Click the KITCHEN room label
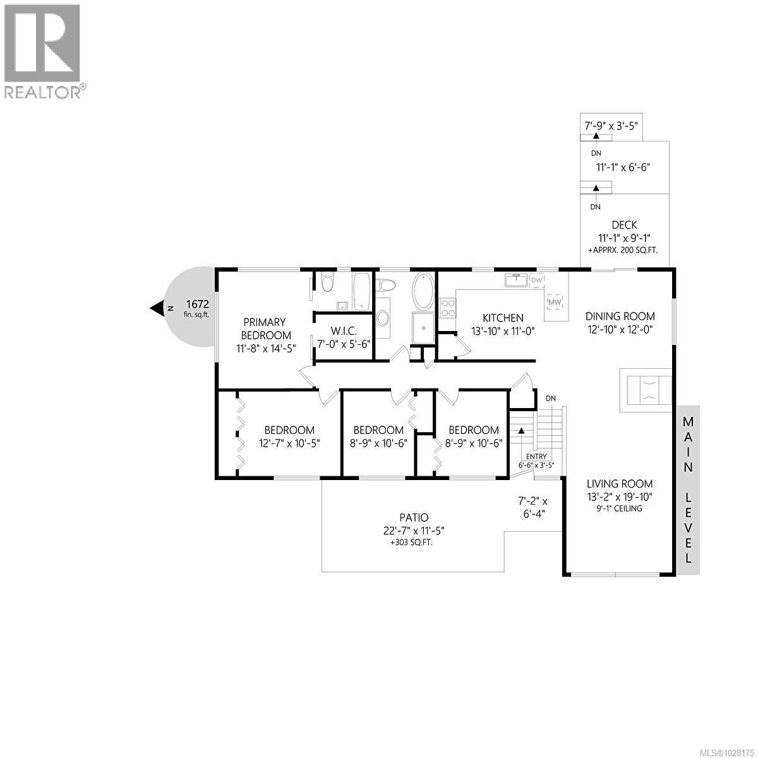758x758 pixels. [x=503, y=318]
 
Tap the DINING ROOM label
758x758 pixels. [x=620, y=316]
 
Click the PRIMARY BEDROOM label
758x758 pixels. [x=265, y=328]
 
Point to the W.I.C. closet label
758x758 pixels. [x=344, y=330]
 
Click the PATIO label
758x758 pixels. [x=414, y=518]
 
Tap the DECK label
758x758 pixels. [x=624, y=225]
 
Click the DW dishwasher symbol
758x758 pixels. [x=536, y=280]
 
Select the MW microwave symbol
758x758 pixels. [x=554, y=303]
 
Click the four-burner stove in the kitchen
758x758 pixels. [x=448, y=308]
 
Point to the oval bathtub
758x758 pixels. [x=423, y=291]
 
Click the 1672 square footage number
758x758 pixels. [x=197, y=303]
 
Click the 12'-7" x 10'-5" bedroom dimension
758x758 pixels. [x=289, y=443]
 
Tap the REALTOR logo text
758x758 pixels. [x=43, y=92]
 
